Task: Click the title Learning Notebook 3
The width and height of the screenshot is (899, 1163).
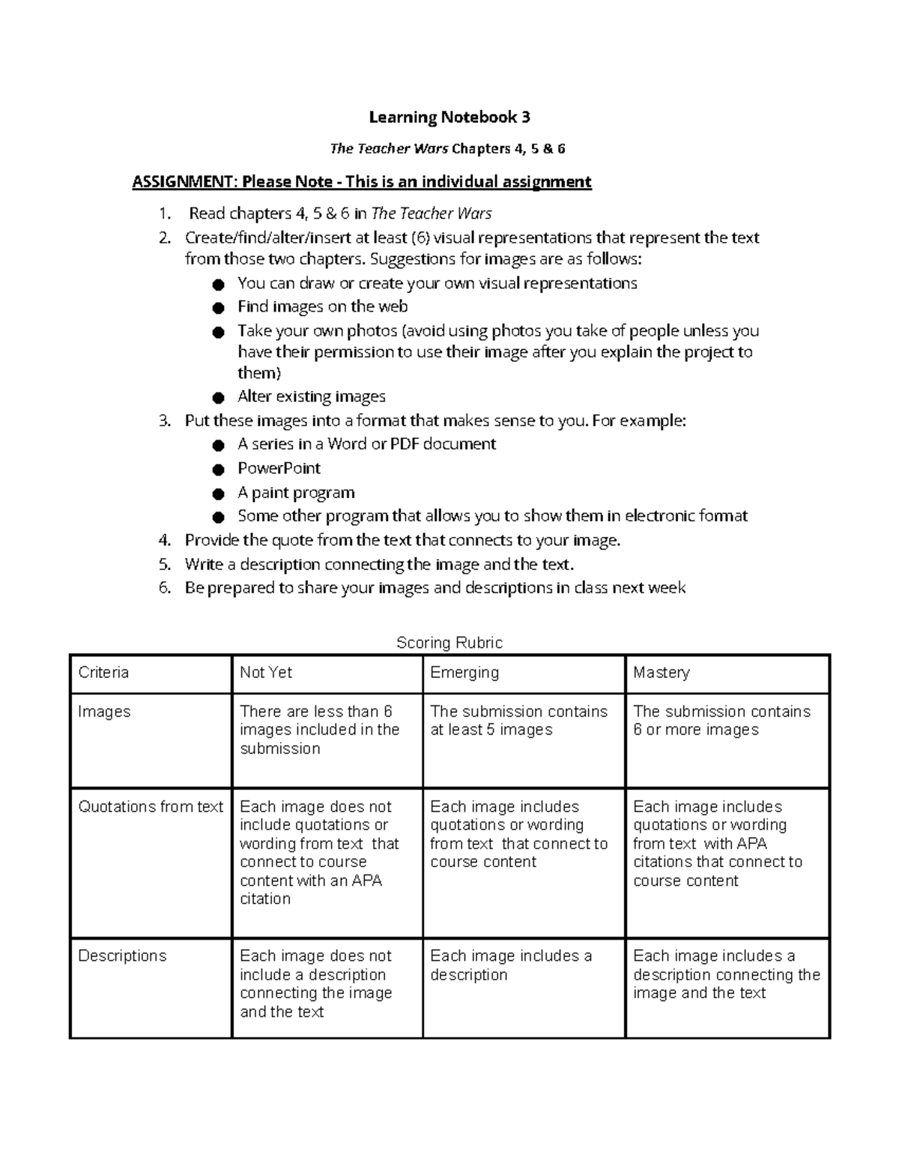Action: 449,117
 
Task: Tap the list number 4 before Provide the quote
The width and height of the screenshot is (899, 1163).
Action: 165,540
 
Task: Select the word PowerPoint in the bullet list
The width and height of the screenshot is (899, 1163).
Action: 279,468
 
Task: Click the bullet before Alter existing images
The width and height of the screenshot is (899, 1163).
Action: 218,397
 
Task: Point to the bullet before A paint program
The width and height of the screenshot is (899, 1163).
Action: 218,494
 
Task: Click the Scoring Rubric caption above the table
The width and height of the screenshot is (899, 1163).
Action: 449,643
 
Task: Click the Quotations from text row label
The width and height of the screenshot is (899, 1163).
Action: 151,807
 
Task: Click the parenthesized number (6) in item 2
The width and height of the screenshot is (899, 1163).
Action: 420,238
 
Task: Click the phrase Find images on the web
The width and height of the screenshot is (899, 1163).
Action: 322,306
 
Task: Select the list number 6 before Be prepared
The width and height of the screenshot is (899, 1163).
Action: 165,588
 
